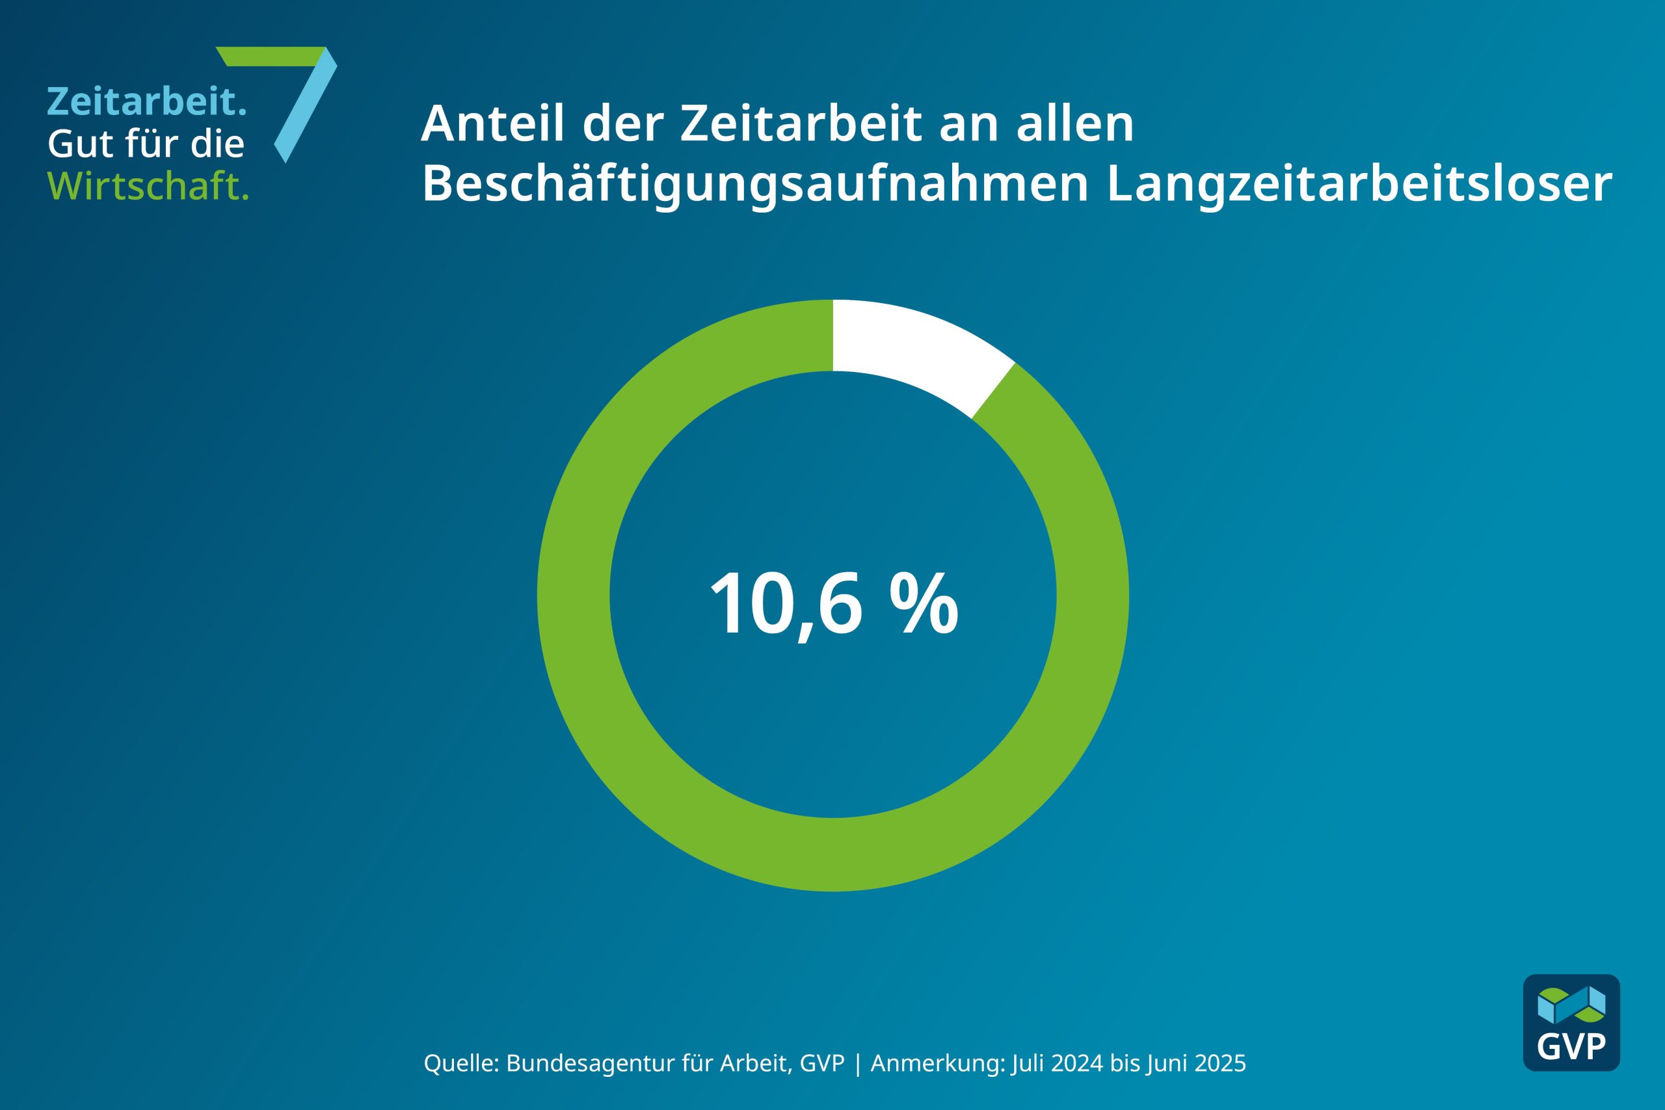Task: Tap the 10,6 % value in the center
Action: pyautogui.click(x=833, y=604)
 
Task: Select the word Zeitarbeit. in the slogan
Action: pyautogui.click(x=146, y=101)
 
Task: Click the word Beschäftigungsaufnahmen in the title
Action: pyautogui.click(x=754, y=184)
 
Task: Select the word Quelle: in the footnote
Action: pyautogui.click(x=462, y=1063)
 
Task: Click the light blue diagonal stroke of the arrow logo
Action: pyautogui.click(x=306, y=106)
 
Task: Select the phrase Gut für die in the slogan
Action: pyautogui.click(x=146, y=144)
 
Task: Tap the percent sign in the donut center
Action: pyautogui.click(x=924, y=604)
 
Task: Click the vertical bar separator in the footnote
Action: pyautogui.click(x=858, y=1064)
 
